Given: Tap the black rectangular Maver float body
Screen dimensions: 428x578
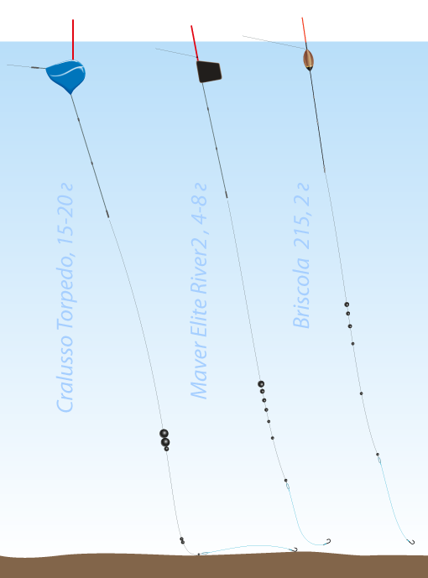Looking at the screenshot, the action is click(x=209, y=71).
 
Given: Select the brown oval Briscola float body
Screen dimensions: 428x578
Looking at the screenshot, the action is click(x=308, y=60).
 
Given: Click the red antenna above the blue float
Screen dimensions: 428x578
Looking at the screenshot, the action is click(x=73, y=39).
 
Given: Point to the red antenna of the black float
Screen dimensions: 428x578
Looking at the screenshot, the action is click(x=195, y=43).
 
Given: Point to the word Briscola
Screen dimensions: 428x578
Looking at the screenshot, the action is click(x=301, y=293).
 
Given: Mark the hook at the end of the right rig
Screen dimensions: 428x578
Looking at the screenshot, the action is click(x=410, y=541).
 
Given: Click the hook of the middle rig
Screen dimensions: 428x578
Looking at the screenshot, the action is click(x=326, y=541).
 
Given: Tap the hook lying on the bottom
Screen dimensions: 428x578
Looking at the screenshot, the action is click(x=294, y=549).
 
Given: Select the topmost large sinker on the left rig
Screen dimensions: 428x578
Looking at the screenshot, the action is click(x=164, y=433).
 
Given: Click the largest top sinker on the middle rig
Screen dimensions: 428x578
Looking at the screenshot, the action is click(x=261, y=384).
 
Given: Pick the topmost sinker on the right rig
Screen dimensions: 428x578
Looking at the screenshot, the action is click(x=347, y=305).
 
